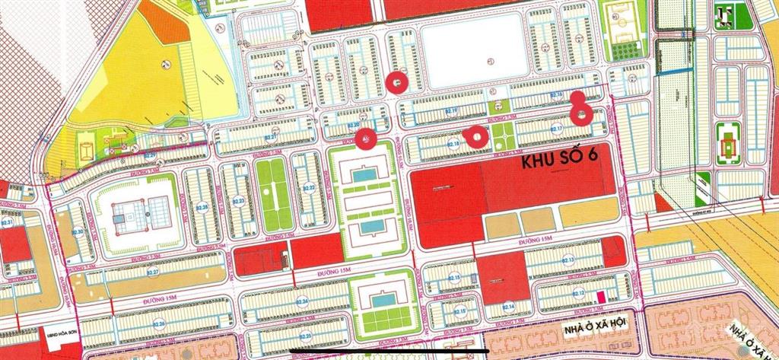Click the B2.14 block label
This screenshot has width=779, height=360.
510,307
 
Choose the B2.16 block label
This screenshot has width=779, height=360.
555,95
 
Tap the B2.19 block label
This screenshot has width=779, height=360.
452,111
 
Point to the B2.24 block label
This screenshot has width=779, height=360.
303,302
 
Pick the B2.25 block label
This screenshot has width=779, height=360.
305,335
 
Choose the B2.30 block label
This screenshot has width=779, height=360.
77,233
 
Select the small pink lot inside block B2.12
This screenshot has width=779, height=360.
600,295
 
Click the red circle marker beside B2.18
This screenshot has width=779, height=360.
476,137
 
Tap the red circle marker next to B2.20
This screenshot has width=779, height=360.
366,139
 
